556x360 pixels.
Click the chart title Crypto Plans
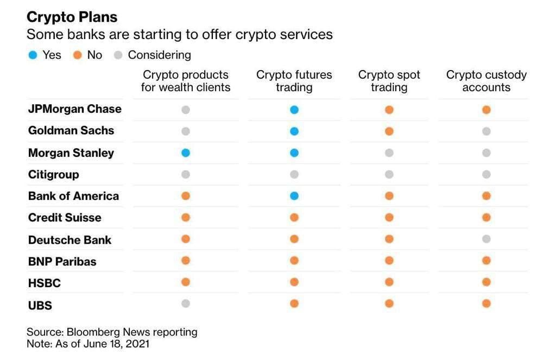point(72,17)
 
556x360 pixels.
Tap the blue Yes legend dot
point(33,55)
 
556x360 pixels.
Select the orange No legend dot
point(77,55)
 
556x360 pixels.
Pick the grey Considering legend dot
point(118,55)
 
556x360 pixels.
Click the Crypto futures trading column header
point(294,81)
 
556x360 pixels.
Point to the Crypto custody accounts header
point(486,81)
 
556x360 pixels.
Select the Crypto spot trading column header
point(389,81)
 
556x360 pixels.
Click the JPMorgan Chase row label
point(75,109)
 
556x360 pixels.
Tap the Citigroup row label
point(53,174)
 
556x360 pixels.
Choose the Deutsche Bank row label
point(69,239)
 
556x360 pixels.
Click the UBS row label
point(40,305)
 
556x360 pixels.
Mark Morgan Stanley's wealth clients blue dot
point(186,153)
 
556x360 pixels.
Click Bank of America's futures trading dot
point(294,196)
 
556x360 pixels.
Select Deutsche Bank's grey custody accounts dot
point(486,239)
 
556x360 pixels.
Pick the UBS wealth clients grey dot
point(186,304)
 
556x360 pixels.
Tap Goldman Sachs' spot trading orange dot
point(389,131)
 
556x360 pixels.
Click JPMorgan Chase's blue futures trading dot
point(294,110)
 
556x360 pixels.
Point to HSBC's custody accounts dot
point(486,282)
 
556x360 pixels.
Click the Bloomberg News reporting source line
point(112,332)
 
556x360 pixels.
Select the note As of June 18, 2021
point(88,344)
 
